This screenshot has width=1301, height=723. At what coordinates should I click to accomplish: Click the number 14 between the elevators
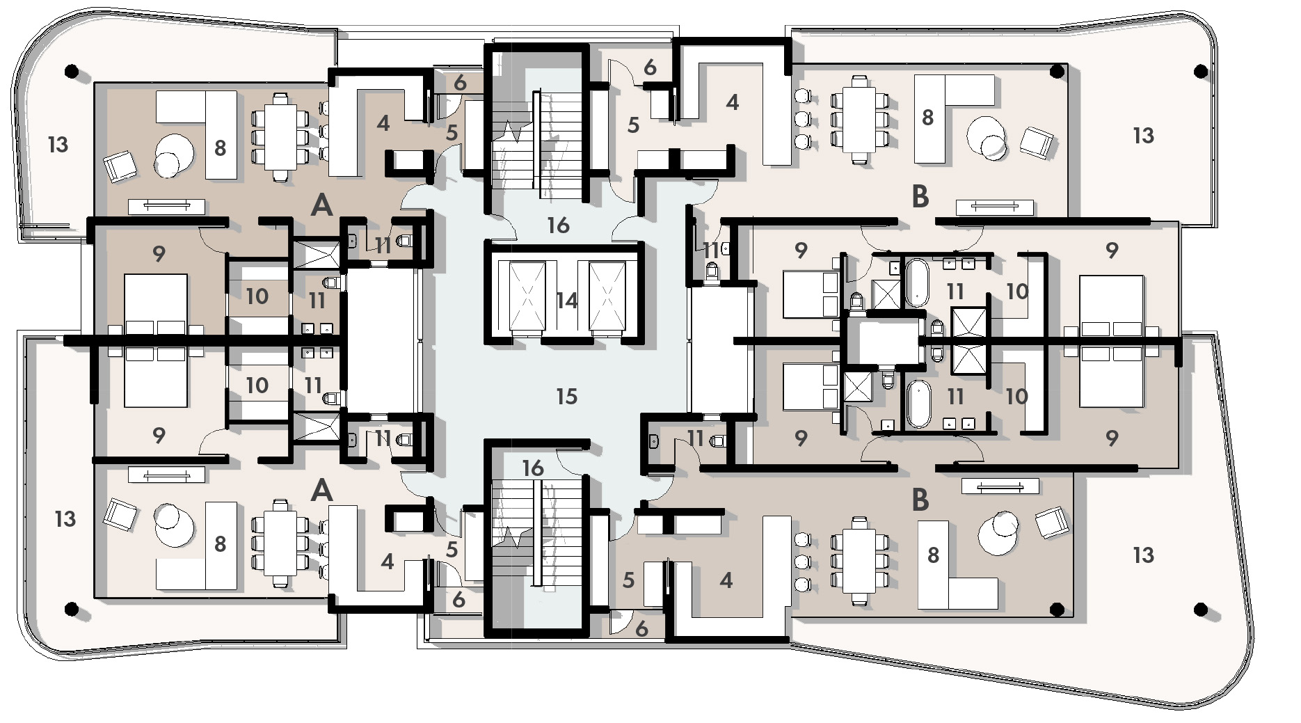[x=566, y=300]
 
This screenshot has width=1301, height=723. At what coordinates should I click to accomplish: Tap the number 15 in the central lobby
[x=566, y=396]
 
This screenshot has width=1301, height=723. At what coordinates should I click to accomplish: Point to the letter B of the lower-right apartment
[x=920, y=500]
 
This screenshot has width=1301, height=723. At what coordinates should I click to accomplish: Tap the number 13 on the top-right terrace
[x=1143, y=135]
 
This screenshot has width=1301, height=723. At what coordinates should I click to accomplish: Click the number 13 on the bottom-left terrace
[x=65, y=518]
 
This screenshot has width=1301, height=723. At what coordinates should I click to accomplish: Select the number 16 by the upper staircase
[x=558, y=225]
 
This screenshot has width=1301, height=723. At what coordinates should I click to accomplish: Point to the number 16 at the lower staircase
[x=533, y=468]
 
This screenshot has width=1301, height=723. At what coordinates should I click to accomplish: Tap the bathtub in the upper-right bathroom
[x=916, y=283]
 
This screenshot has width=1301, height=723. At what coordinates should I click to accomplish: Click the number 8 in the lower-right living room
[x=933, y=555]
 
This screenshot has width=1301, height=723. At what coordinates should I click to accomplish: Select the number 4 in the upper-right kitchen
[x=732, y=102]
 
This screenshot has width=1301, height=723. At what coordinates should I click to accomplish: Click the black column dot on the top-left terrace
[x=71, y=70]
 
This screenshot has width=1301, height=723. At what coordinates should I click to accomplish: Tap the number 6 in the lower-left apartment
[x=458, y=599]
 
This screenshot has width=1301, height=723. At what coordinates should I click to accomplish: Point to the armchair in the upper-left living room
[x=120, y=167]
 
